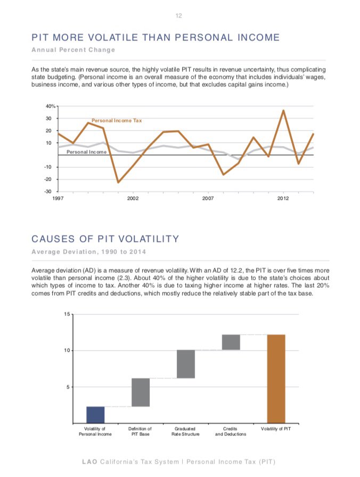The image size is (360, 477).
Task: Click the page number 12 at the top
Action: [x=179, y=16]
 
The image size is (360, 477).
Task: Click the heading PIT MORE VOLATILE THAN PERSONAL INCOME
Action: [x=156, y=37]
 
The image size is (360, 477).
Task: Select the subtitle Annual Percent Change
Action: [x=73, y=50]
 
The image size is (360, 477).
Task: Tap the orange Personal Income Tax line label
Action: [x=117, y=120]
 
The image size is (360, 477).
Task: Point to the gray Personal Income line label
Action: [x=86, y=152]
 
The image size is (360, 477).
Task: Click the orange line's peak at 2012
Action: [x=283, y=111]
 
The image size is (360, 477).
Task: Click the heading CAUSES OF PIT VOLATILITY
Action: [x=105, y=238]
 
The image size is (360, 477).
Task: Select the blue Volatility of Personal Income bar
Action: [x=95, y=414]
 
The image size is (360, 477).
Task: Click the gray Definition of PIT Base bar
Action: [x=141, y=392]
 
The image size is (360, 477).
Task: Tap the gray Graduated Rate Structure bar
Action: [x=186, y=364]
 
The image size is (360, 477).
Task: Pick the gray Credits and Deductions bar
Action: [x=231, y=342]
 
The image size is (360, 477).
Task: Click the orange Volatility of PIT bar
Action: [x=276, y=378]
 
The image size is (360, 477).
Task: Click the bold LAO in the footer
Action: [x=91, y=461]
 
